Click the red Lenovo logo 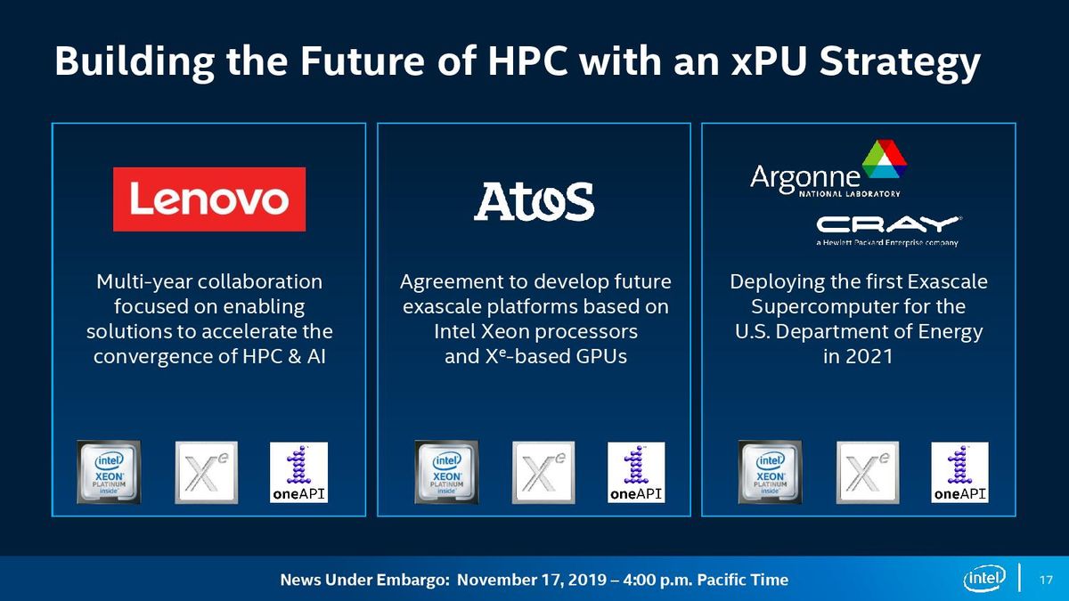[x=209, y=199]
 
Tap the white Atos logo [x=534, y=201]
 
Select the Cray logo [x=888, y=231]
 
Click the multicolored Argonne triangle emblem [x=885, y=158]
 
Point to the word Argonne [x=805, y=178]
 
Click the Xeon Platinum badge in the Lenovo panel [x=109, y=472]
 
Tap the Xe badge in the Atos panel [x=543, y=472]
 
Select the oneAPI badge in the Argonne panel [x=959, y=472]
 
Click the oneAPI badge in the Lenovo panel [x=298, y=472]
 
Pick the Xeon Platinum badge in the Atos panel [x=446, y=472]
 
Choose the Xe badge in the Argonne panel [x=868, y=472]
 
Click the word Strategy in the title [x=900, y=62]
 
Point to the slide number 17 [x=1046, y=580]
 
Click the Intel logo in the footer [x=984, y=578]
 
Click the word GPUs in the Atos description [x=600, y=356]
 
